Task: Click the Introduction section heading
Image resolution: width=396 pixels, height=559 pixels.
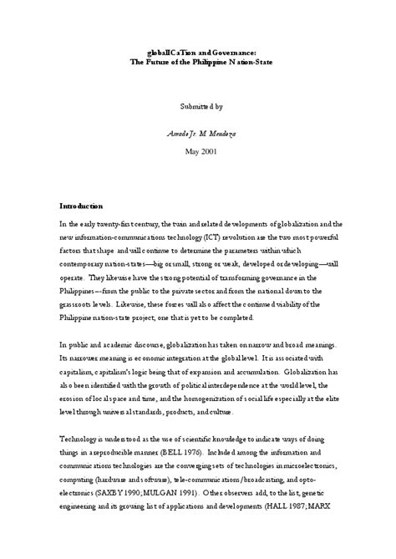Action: point(80,206)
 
